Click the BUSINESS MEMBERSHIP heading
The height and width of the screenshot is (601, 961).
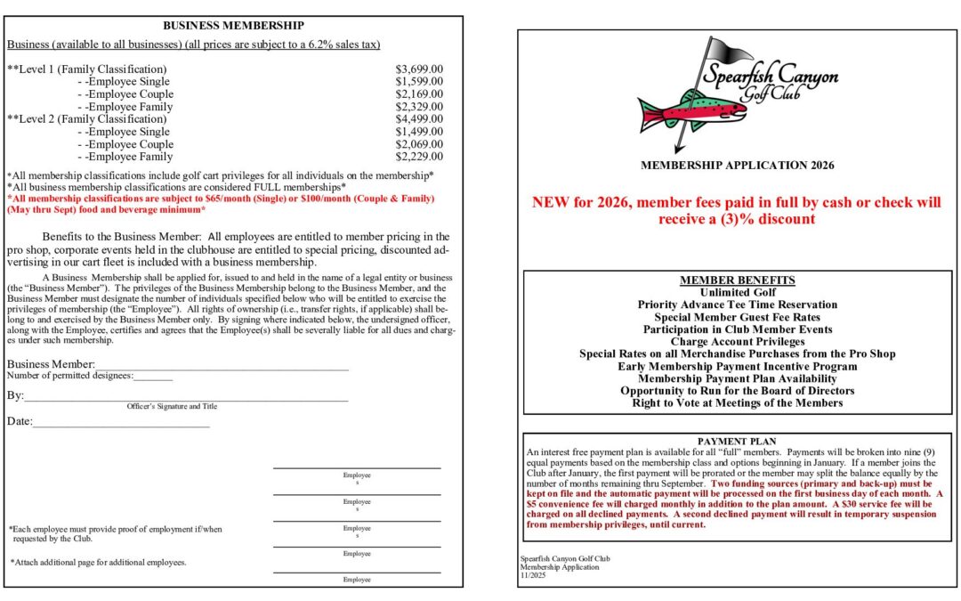click(x=233, y=26)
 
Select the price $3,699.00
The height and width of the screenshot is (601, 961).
click(x=419, y=69)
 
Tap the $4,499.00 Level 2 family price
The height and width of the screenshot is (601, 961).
click(x=419, y=119)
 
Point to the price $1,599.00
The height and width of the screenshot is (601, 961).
click(x=419, y=81)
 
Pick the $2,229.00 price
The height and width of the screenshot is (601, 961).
click(x=419, y=157)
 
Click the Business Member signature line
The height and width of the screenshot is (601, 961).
click(x=222, y=365)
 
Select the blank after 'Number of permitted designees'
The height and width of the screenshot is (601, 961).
click(x=152, y=377)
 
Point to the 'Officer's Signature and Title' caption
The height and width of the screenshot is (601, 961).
click(x=172, y=406)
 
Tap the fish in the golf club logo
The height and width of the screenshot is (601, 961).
click(x=685, y=110)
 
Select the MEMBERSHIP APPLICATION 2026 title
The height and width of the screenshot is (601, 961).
click(x=738, y=166)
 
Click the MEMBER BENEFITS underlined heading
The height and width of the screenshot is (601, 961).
click(x=738, y=280)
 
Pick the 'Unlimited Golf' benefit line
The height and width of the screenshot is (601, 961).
click(x=738, y=292)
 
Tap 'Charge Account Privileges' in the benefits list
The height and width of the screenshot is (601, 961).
click(x=738, y=342)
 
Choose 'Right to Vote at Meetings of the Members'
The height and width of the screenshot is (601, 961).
click(x=738, y=403)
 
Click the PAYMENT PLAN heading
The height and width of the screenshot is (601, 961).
click(x=737, y=442)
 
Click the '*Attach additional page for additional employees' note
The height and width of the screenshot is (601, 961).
click(x=99, y=563)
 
